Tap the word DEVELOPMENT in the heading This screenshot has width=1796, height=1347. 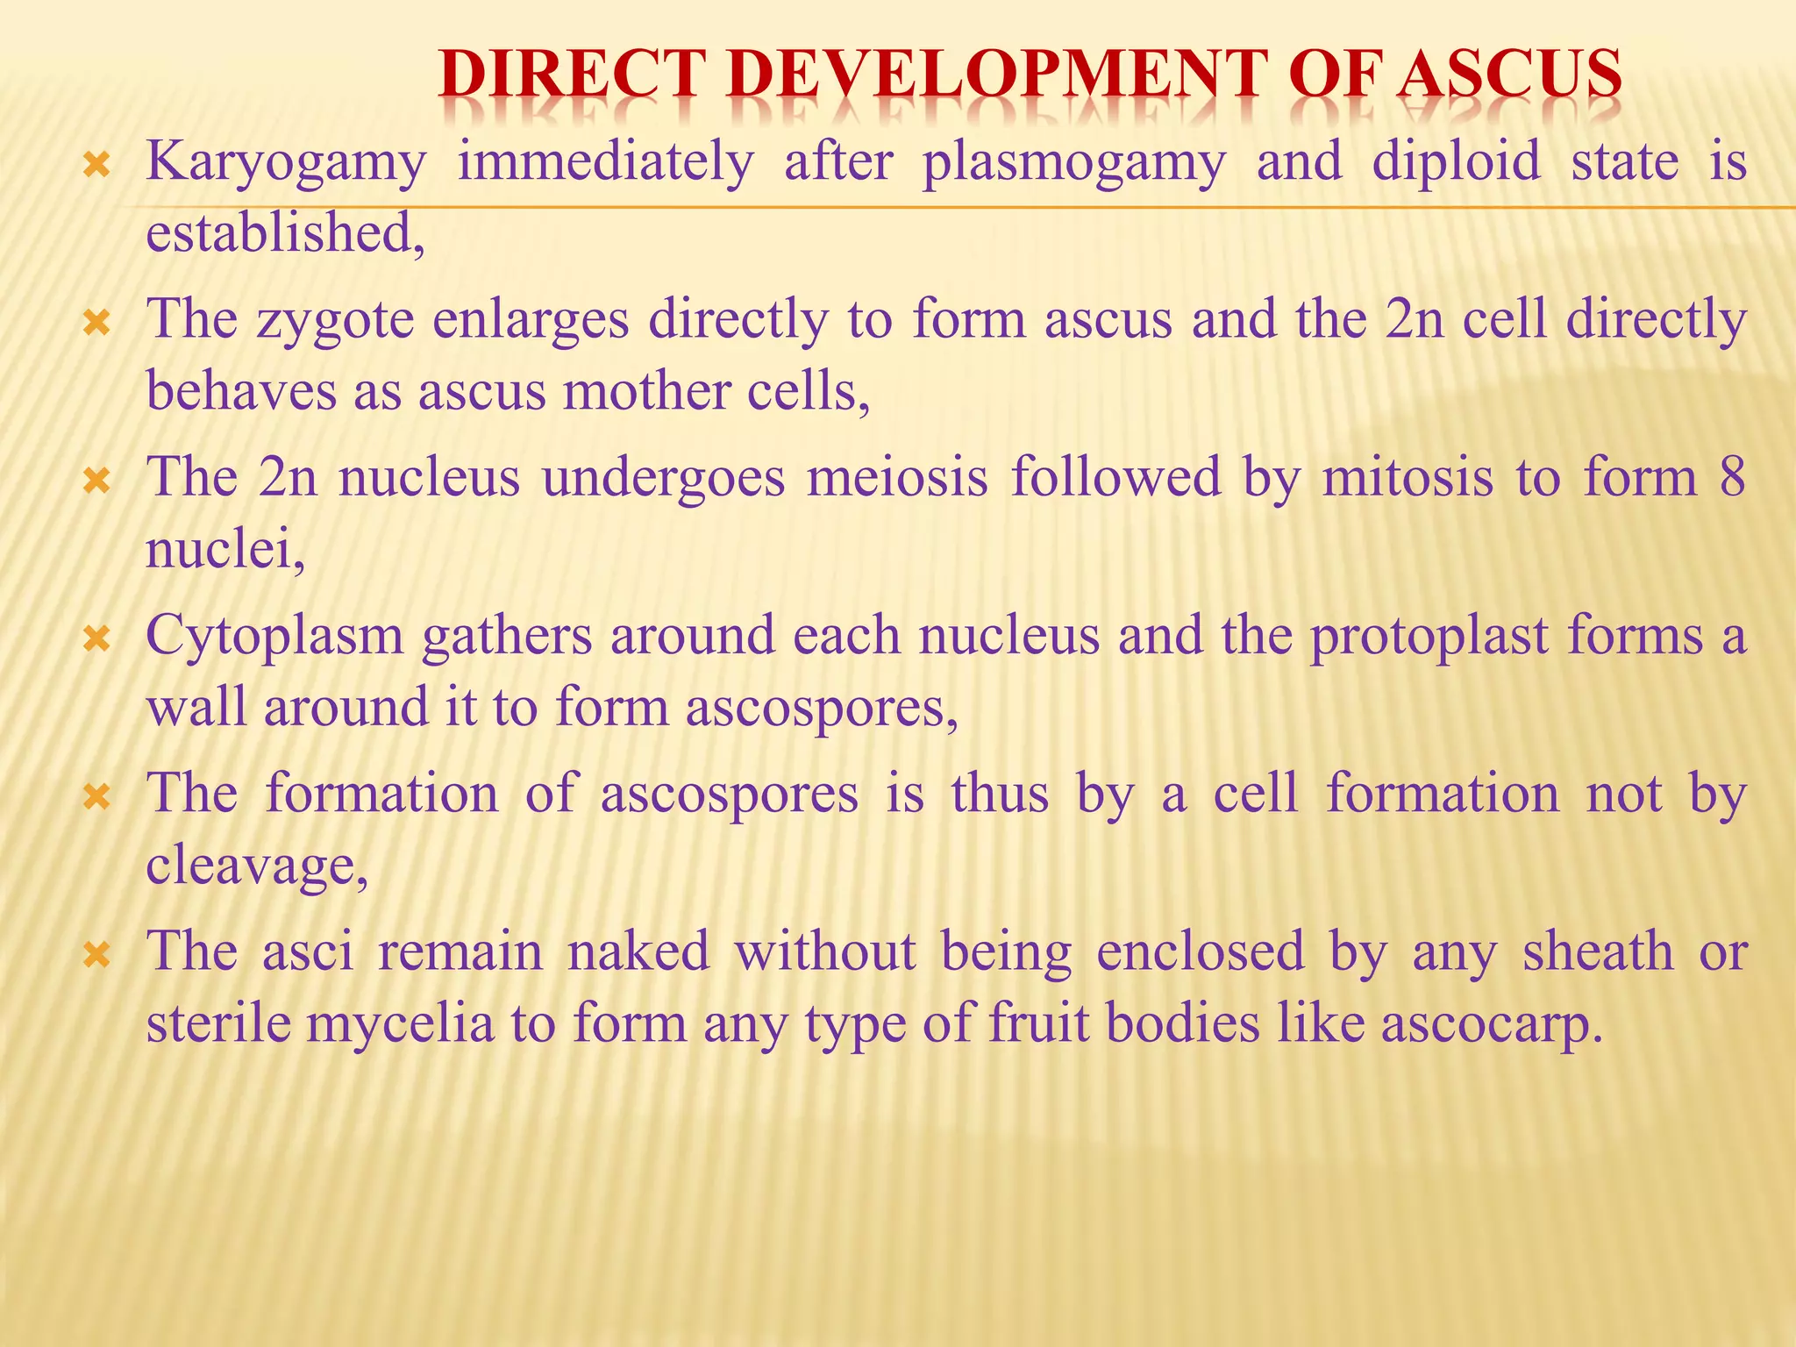[996, 74]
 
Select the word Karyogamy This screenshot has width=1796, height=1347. [286, 163]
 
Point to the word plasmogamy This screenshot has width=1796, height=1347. [1074, 163]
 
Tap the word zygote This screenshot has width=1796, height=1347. [335, 321]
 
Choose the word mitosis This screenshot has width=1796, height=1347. [1408, 478]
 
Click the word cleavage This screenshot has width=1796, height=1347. [256, 866]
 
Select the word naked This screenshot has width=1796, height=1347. [638, 951]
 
